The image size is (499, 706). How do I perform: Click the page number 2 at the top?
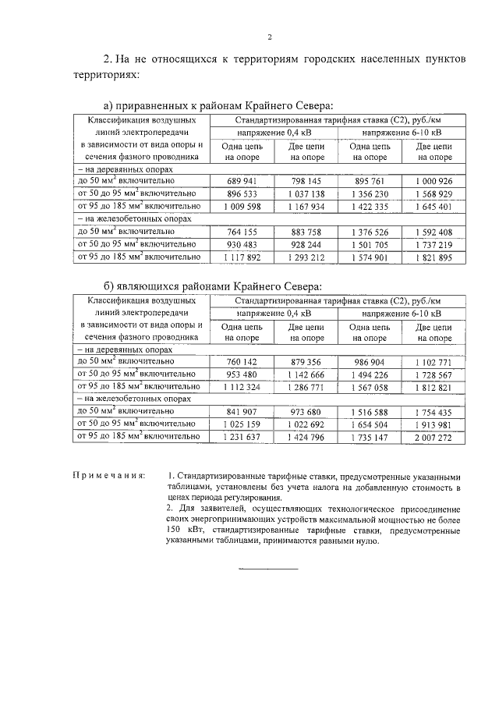pos(269,37)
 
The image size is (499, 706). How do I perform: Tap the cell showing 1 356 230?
pos(370,193)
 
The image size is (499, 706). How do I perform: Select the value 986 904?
pos(370,362)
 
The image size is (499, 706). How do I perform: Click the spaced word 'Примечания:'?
pos(108,476)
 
